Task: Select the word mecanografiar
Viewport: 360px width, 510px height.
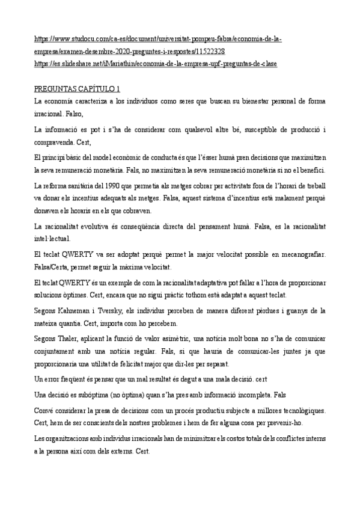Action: click(302, 254)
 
